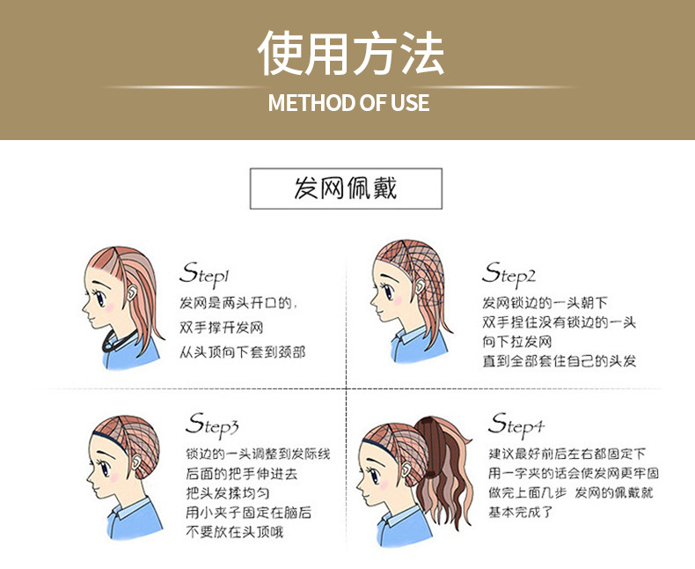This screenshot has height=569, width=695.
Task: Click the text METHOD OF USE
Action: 348,103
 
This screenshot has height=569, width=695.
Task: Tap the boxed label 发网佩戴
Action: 346,188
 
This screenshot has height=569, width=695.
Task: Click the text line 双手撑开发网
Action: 222,328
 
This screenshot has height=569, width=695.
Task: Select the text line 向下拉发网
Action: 517,342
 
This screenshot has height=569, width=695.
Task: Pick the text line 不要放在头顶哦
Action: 234,531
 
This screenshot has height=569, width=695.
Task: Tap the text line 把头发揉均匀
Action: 228,492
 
